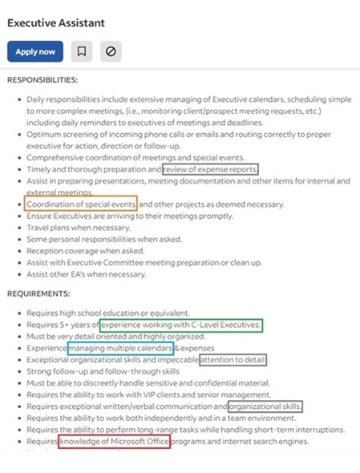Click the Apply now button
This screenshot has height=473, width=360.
click(35, 51)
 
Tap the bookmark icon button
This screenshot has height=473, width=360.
click(81, 51)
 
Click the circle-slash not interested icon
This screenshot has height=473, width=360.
click(111, 51)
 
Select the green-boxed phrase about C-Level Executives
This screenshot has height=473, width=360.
click(181, 325)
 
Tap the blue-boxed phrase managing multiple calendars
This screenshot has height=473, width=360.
click(120, 350)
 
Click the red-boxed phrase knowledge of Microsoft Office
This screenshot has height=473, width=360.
click(114, 442)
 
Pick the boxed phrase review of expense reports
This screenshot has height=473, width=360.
click(210, 170)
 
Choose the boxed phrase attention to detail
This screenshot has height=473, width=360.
click(233, 361)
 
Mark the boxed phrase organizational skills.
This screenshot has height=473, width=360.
click(265, 406)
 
